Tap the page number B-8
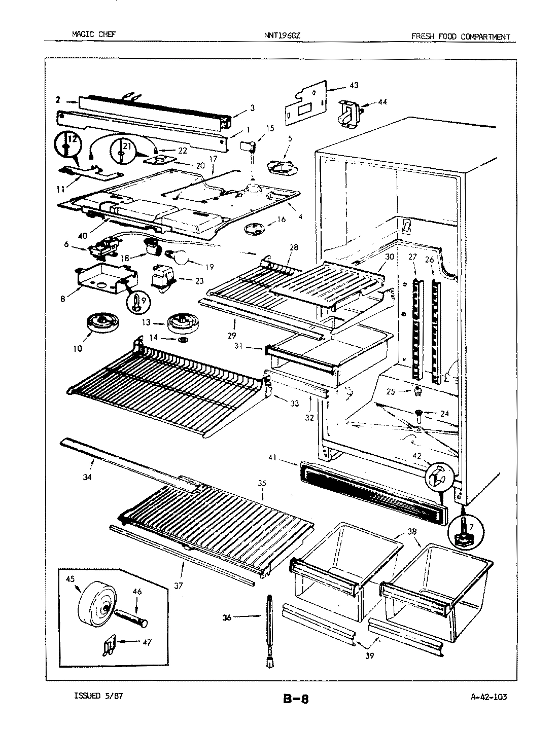tap(295, 700)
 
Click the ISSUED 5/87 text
tap(98, 696)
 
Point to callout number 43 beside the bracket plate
tap(354, 85)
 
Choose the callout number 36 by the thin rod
tap(227, 617)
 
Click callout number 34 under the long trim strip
tap(88, 477)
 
